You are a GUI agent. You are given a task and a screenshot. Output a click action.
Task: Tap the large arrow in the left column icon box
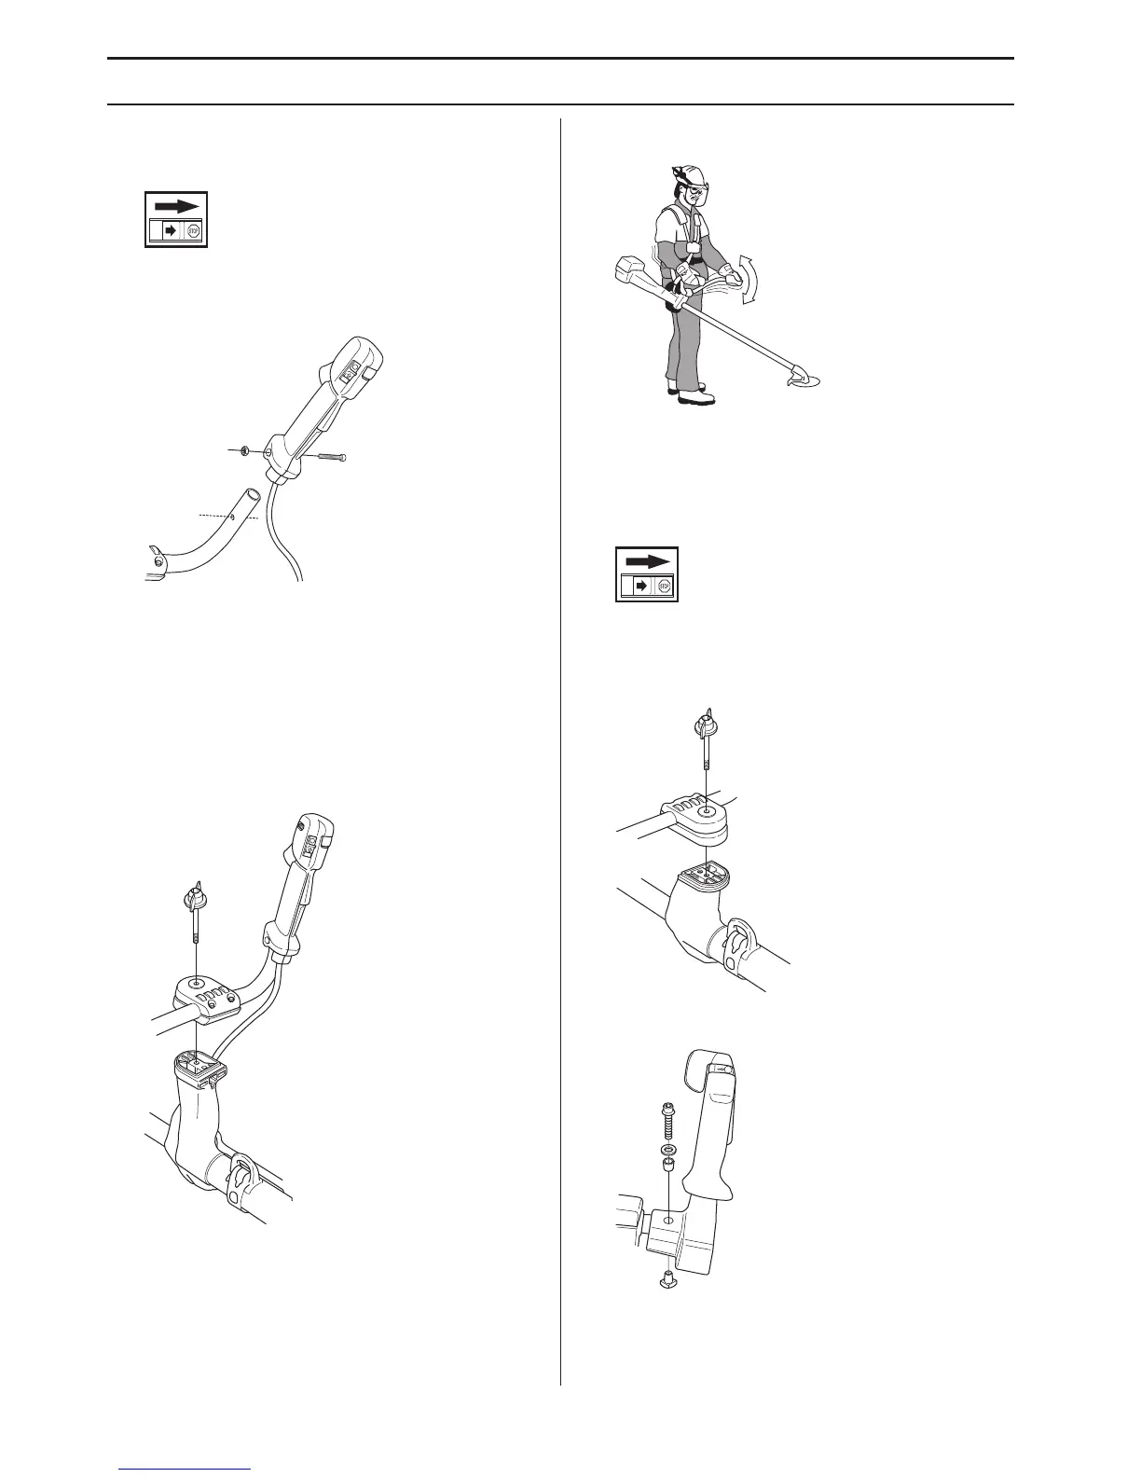[175, 206]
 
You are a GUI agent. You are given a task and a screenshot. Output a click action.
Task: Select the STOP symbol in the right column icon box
[664, 587]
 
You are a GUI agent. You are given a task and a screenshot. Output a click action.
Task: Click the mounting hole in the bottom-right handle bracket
[668, 1219]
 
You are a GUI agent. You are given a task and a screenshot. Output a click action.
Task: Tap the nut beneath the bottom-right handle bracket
[667, 1279]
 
